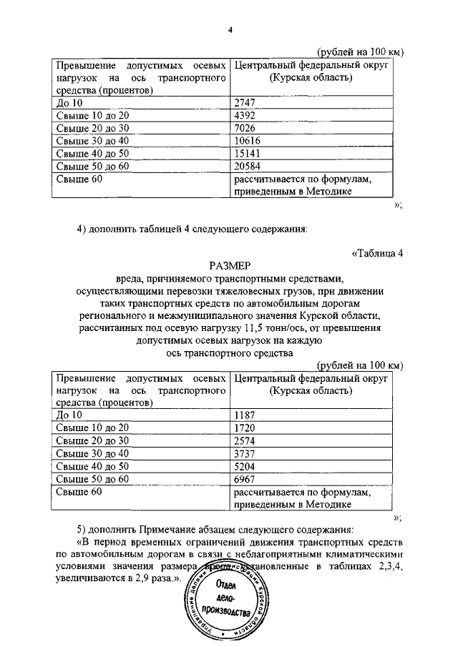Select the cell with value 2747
[245, 103]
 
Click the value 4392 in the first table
[245, 116]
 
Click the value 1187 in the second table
[245, 414]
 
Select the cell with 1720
[245, 427]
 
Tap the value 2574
[245, 440]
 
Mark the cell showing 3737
[245, 453]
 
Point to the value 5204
[245, 466]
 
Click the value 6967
[245, 479]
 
